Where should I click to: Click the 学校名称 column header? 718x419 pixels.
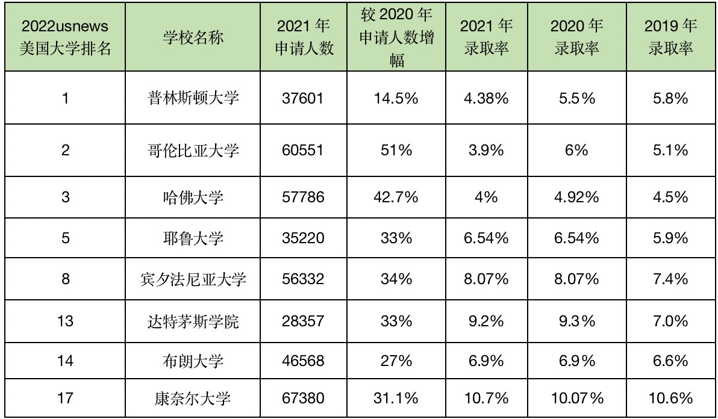(x=193, y=37)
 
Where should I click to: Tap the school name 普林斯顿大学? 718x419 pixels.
(x=193, y=98)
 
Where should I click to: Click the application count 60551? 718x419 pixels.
(x=302, y=150)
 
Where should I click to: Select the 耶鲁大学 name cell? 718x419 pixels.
(x=193, y=238)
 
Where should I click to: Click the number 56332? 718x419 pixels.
(x=302, y=279)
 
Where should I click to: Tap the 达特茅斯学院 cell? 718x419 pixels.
(x=193, y=320)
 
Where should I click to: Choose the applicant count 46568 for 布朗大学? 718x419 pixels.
(x=302, y=361)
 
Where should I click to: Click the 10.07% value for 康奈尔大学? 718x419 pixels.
(x=576, y=398)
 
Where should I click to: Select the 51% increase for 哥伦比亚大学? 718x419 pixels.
(x=396, y=150)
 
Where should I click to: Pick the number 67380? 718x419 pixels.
(x=302, y=398)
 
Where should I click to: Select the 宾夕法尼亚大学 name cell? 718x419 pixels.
(x=193, y=279)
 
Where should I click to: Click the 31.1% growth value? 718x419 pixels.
(x=396, y=398)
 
